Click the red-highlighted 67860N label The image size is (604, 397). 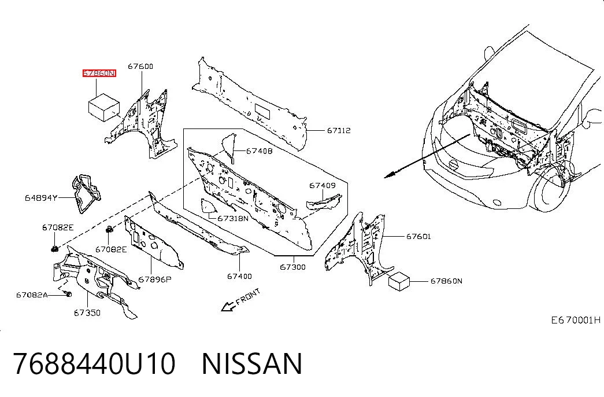click(x=99, y=73)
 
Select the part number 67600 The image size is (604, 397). click(x=140, y=67)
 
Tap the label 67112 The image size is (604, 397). click(x=339, y=130)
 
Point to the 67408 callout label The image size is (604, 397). click(x=260, y=151)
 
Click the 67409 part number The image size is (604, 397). click(x=323, y=186)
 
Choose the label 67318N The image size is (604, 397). click(x=233, y=218)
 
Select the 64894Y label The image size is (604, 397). click(x=41, y=198)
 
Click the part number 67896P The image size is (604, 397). click(x=155, y=280)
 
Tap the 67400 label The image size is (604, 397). click(x=239, y=276)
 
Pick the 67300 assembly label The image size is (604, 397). click(x=293, y=267)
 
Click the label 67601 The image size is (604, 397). click(x=418, y=236)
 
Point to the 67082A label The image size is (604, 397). click(x=32, y=295)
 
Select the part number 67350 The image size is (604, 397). click(x=87, y=313)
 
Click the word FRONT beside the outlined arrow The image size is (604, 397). click(x=248, y=297)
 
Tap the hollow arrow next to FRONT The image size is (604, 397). click(x=228, y=306)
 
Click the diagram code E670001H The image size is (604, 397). click(x=576, y=320)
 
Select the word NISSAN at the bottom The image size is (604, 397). click(x=252, y=364)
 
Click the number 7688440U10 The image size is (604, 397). click(x=95, y=364)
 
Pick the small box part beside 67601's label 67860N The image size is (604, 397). click(x=399, y=281)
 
